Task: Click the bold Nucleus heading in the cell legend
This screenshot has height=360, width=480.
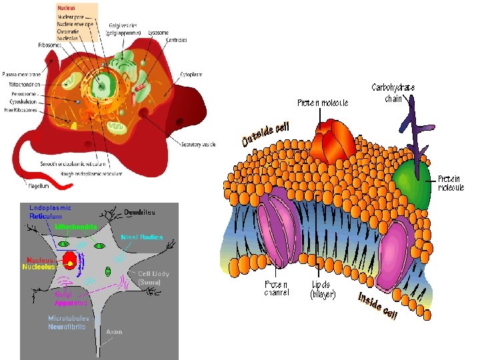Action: pos(66,7)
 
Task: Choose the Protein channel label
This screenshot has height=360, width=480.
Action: pos(277,289)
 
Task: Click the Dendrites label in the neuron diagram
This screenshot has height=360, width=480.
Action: pos(139,212)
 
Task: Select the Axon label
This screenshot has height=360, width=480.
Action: pos(114,331)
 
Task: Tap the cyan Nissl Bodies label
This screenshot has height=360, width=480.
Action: pos(141,237)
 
